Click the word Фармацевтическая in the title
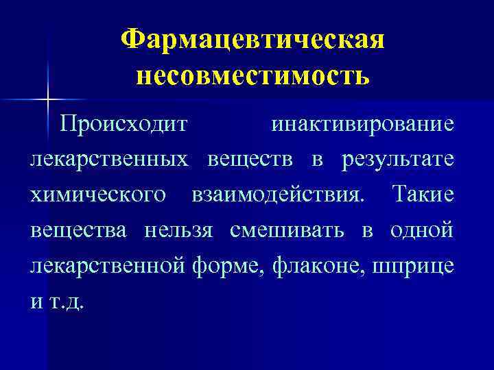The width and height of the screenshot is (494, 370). pyautogui.click(x=252, y=40)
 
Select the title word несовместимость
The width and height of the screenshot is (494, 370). pyautogui.click(x=252, y=74)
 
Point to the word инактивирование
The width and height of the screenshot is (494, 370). pyautogui.click(x=362, y=125)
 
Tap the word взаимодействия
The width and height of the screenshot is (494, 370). pyautogui.click(x=276, y=195)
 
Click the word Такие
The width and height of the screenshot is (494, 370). pyautogui.click(x=423, y=195)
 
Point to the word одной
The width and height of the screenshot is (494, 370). pyautogui.click(x=421, y=231)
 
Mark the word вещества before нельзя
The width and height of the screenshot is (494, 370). pyautogui.click(x=78, y=231)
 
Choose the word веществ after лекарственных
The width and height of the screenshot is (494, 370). pyautogui.click(x=250, y=160)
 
